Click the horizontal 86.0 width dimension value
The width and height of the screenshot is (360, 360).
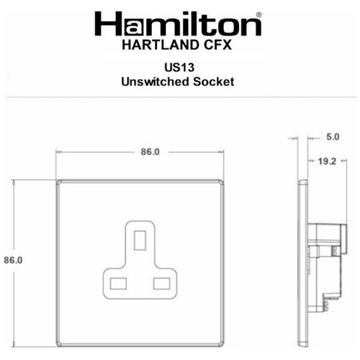[150, 152]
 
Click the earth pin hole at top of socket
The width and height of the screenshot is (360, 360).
[140, 240]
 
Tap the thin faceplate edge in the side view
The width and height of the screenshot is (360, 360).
[302, 262]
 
